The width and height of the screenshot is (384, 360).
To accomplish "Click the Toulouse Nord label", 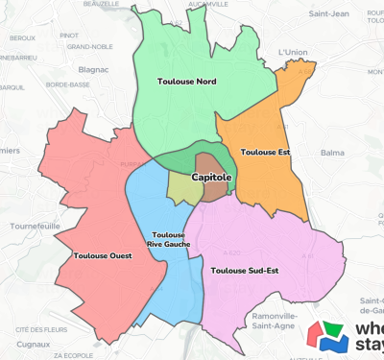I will [x=185, y=83].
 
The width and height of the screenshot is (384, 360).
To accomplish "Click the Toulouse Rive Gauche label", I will [x=169, y=239].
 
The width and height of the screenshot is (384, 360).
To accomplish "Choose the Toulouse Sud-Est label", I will [x=244, y=270].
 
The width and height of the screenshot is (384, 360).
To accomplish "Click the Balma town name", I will [x=332, y=152].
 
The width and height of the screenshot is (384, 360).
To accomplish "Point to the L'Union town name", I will [x=291, y=52].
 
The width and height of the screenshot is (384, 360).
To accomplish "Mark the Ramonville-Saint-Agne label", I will [x=273, y=320].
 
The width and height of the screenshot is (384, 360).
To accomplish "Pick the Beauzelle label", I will [x=101, y=5].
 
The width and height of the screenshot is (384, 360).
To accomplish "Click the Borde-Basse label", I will [x=67, y=84].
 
